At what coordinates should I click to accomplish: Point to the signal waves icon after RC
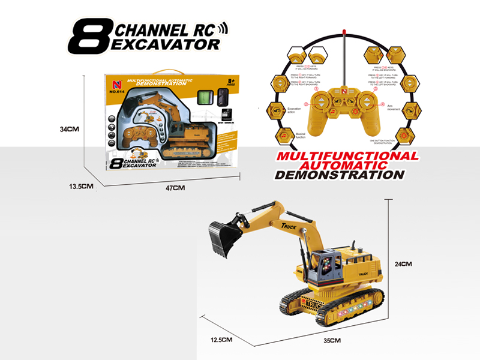coord(223,28)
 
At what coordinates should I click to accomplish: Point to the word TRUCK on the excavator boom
coord(290,225)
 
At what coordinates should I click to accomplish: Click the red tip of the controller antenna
coord(344,31)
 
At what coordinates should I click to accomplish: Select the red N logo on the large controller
coord(344,91)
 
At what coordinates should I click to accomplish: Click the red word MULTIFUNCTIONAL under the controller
coord(346,156)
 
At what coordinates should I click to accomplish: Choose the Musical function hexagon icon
coord(284,136)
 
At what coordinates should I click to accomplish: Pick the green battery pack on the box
coord(205,97)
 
